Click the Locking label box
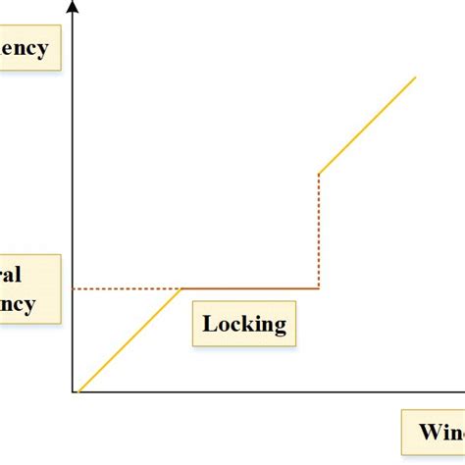click(x=244, y=324)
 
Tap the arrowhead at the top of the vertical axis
click(x=74, y=8)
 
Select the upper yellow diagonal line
click(x=368, y=125)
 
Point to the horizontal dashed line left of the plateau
click(x=128, y=288)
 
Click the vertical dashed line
click(x=319, y=232)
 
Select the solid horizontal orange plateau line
click(x=251, y=288)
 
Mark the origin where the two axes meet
click(x=74, y=392)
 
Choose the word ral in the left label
click(x=11, y=274)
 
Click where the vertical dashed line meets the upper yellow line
click(x=319, y=174)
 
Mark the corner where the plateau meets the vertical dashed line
click(x=319, y=288)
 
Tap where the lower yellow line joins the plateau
click(x=182, y=288)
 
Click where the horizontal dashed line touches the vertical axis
click(x=74, y=288)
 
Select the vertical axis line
click(x=74, y=196)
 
